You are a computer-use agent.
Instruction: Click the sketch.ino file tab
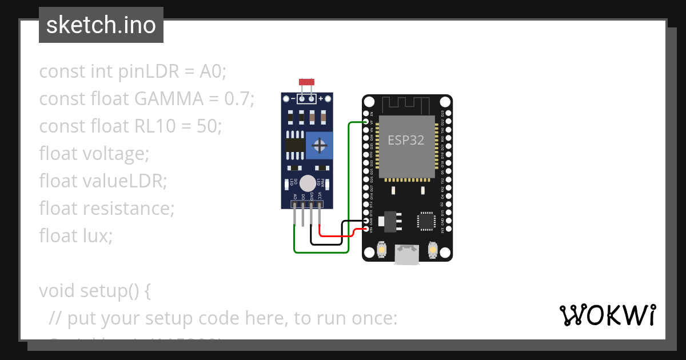click(x=101, y=25)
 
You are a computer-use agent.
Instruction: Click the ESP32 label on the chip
click(x=406, y=140)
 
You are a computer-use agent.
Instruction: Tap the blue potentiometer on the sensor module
click(x=319, y=145)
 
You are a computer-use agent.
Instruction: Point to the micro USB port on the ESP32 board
click(x=407, y=254)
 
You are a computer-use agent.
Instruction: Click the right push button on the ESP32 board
click(x=433, y=250)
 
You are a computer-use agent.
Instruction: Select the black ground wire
click(x=329, y=243)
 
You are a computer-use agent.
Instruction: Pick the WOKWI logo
click(x=607, y=315)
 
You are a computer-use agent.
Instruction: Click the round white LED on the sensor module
click(x=308, y=183)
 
